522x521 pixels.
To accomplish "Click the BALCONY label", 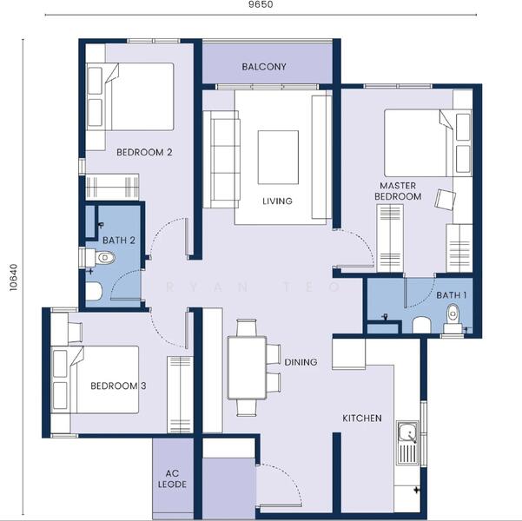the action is [264, 67].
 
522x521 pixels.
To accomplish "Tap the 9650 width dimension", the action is [261, 4].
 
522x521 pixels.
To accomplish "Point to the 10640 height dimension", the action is [13, 277].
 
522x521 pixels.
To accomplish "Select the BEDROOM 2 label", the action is [144, 153].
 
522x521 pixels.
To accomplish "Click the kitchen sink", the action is [408, 443].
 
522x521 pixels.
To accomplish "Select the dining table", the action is [247, 367].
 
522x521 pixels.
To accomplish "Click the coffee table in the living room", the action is [278, 157].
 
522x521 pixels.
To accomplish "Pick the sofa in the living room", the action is [221, 159].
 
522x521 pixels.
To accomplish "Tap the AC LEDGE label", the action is [172, 478].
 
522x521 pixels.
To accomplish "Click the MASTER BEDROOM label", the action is [398, 191].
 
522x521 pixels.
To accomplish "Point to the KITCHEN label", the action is [362, 419].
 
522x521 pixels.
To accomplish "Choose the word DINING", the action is [301, 362].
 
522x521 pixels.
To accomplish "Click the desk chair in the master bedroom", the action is [446, 199].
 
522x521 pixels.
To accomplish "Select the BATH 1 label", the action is [452, 295].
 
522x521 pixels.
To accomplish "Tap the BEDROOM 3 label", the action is [118, 386].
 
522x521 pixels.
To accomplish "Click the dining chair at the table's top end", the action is [247, 327].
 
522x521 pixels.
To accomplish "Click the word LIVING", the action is [277, 201].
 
